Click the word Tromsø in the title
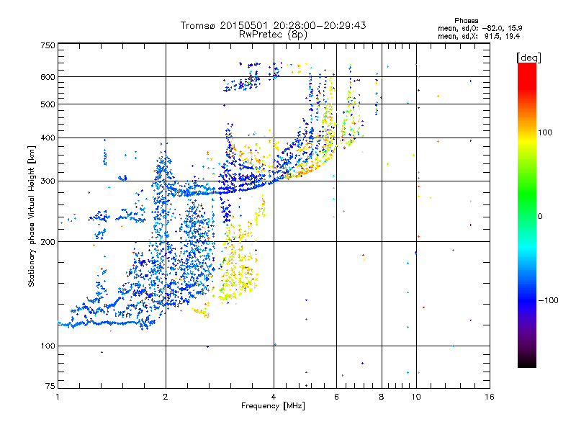pos(199,25)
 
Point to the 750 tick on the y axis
pos(48,45)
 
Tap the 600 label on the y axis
pos(48,77)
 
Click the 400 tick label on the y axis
pos(48,138)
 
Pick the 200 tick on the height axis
pos(48,242)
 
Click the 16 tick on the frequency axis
pos(489,397)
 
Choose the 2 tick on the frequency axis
pos(166,397)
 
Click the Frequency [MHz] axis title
pos(273,407)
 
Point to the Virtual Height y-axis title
pos(32,216)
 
